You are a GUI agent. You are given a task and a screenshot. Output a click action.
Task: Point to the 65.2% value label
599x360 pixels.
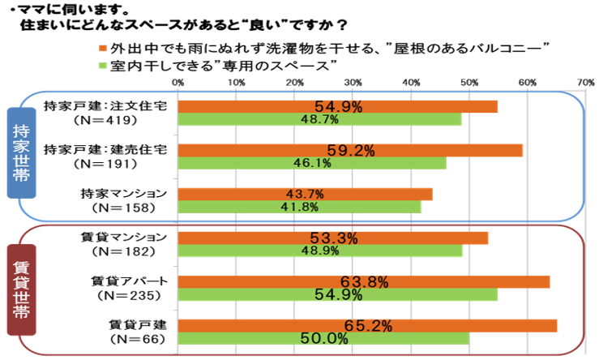(x=369, y=326)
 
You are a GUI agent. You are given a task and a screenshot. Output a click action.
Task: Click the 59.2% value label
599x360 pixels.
(x=349, y=150)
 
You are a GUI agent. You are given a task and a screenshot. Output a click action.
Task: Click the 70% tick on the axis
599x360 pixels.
(x=585, y=82)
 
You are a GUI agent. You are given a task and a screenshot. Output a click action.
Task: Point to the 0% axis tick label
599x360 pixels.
(x=178, y=82)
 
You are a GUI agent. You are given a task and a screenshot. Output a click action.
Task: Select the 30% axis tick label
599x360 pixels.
(x=353, y=82)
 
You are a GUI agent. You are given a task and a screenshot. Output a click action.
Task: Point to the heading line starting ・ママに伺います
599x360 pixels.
(x=69, y=10)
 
